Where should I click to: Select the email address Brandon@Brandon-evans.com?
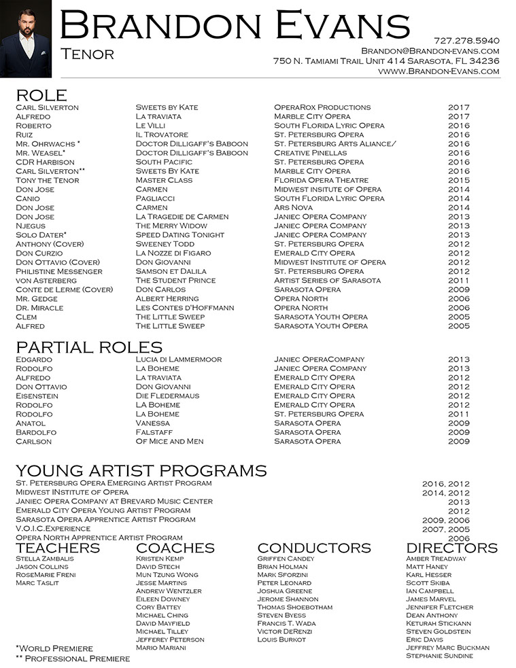point(430,51)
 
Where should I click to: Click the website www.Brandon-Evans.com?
point(438,71)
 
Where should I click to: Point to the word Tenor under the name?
point(87,54)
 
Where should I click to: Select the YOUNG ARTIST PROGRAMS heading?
point(141,471)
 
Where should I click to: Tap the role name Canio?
point(29,198)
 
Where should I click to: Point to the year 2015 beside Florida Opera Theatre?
point(459,180)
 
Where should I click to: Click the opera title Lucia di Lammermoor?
point(179,359)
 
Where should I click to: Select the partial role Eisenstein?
point(37,395)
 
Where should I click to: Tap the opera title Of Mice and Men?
point(169,441)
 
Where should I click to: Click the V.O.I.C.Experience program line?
point(53,528)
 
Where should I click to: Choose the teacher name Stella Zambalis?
point(45,559)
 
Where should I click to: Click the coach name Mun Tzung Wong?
point(167,575)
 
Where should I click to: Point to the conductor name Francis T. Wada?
point(286,623)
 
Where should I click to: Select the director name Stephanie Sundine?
point(439,656)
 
